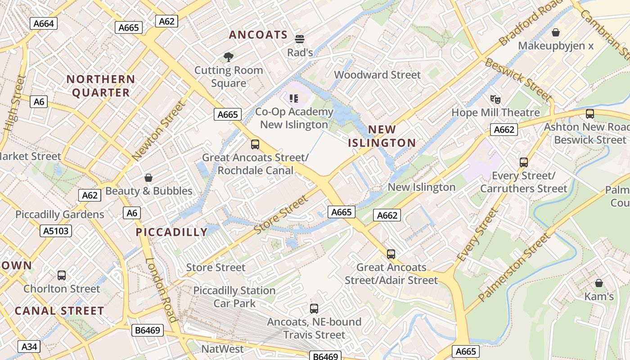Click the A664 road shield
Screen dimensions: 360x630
pyautogui.click(x=44, y=23)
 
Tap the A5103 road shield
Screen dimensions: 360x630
pyautogui.click(x=56, y=231)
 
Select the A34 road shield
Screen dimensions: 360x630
pyautogui.click(x=29, y=346)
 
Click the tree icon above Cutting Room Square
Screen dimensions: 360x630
pyautogui.click(x=229, y=57)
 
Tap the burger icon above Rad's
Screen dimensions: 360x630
pyautogui.click(x=300, y=39)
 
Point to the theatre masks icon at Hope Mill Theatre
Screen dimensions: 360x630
pyautogui.click(x=495, y=99)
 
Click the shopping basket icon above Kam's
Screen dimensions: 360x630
pyautogui.click(x=599, y=283)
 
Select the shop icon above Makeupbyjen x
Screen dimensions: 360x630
pyautogui.click(x=556, y=32)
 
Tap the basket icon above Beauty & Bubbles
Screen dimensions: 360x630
pyautogui.click(x=148, y=178)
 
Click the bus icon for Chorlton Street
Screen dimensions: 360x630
pyautogui.click(x=62, y=275)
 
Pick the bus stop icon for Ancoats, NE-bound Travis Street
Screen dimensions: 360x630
pyautogui.click(x=314, y=309)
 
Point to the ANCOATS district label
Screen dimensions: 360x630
pyautogui.click(x=258, y=35)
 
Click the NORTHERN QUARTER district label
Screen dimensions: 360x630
pyautogui.click(x=101, y=86)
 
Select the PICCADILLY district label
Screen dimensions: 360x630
pyautogui.click(x=171, y=232)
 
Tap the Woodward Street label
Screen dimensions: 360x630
pyautogui.click(x=377, y=75)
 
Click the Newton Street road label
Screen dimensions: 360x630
pyautogui.click(x=159, y=131)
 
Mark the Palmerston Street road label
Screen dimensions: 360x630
pyautogui.click(x=514, y=267)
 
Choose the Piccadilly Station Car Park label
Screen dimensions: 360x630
pyautogui.click(x=234, y=297)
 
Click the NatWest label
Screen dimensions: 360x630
pyautogui.click(x=222, y=349)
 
